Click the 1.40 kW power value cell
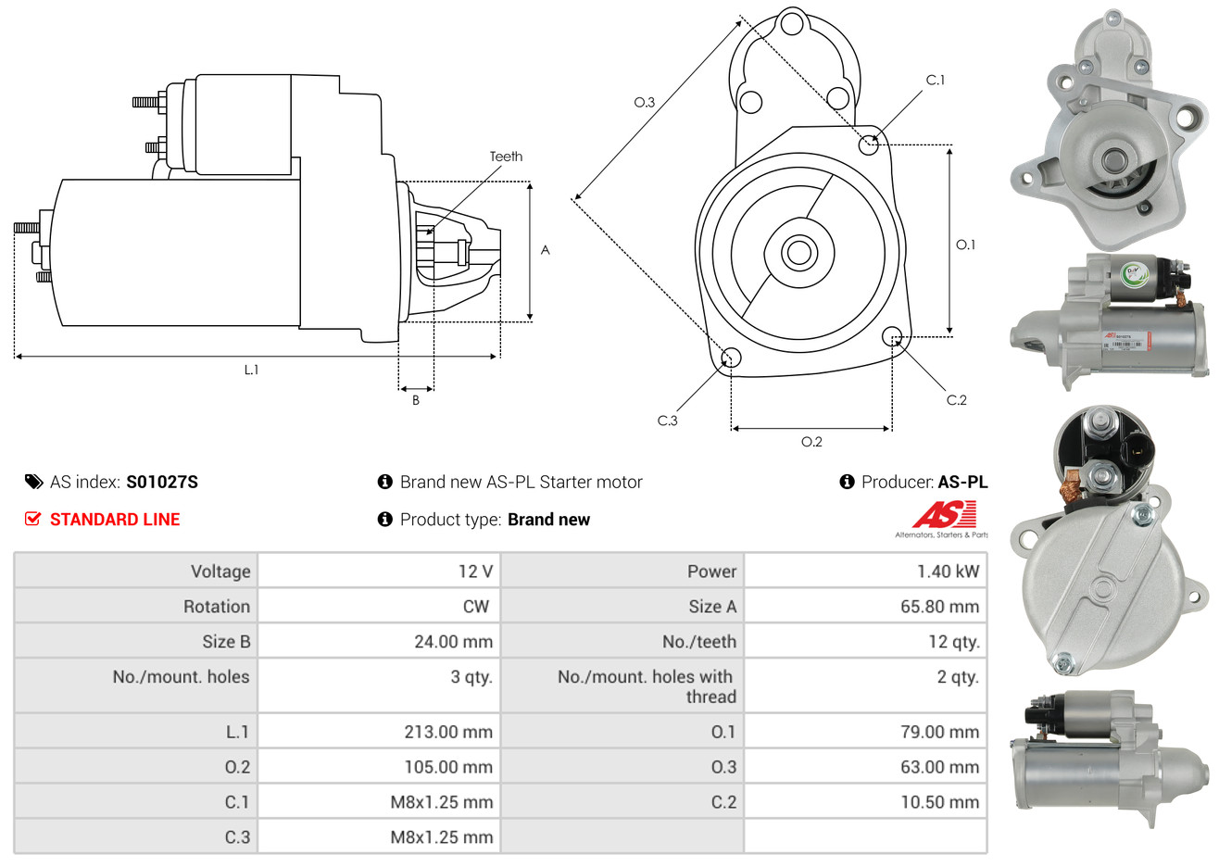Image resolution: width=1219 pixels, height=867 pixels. pos(947,572)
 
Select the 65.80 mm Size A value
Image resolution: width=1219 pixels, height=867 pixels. pos(939,607)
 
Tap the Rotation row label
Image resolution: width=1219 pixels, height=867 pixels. pos(216,607)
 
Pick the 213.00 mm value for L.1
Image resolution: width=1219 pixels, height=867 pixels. pos(448,732)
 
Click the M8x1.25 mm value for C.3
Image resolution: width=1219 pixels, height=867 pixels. pos(441,837)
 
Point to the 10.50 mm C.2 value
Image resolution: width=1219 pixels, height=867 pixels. pos(939,802)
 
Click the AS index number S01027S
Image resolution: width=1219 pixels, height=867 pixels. pos(162,482)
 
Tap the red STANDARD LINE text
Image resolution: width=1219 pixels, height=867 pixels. pos(115,520)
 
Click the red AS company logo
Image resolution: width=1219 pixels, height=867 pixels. pos(944,515)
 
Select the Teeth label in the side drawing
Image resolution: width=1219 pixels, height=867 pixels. pos(506,157)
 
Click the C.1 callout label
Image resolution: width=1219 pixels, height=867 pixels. pos(936,81)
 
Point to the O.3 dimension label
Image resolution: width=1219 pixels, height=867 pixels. pos(644,102)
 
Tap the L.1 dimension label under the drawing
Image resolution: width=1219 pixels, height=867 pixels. pos(251,370)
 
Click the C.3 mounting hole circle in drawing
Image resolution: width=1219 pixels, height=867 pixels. pos(731,358)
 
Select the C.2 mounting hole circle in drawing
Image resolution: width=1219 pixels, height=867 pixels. pos(892,335)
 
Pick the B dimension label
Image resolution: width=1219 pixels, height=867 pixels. pos(416,400)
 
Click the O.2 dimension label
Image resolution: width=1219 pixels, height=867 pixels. pos(811,442)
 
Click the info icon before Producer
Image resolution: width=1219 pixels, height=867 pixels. pos(847,482)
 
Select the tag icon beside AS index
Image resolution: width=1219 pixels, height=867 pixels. pos(33,482)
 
